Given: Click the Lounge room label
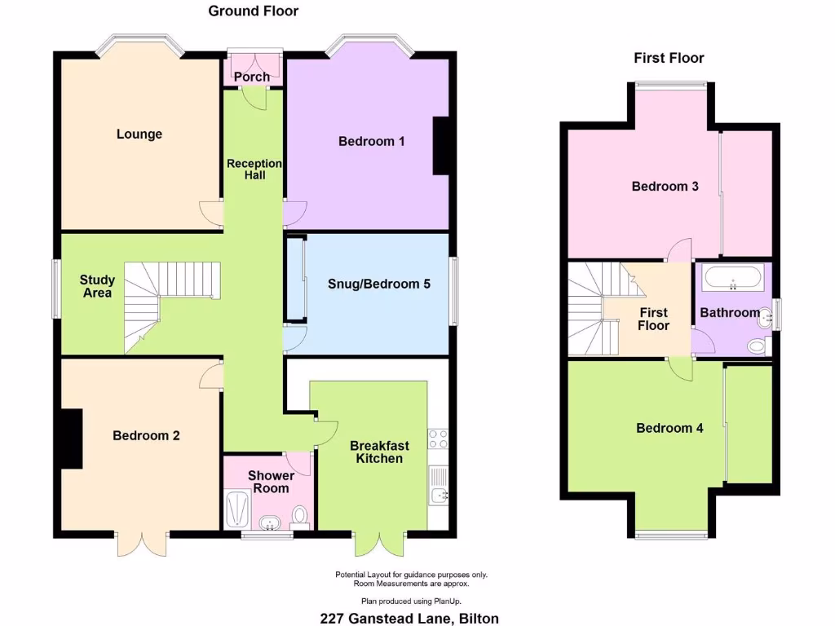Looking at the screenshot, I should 139,134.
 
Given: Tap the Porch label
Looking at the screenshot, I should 252,77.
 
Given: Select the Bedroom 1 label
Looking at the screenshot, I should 372,142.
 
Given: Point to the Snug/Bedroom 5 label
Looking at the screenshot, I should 378,284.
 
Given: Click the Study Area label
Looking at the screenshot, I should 97,287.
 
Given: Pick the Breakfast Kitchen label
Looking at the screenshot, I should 380,452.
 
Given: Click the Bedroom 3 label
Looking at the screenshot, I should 665,187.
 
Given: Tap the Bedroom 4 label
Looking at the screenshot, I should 669,428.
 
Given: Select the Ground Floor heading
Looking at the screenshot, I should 254,11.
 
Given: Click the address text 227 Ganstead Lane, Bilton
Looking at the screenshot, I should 409,618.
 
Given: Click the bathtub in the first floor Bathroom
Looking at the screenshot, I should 733,278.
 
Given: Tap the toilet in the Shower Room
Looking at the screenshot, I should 300,515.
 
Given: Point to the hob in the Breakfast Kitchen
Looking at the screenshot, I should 438,439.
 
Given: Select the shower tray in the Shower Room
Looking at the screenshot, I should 237,509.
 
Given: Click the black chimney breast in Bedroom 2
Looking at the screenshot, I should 72,439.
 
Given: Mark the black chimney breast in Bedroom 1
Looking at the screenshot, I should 441,146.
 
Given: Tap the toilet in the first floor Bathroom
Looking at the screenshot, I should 758,348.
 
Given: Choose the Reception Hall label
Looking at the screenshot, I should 254,170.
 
